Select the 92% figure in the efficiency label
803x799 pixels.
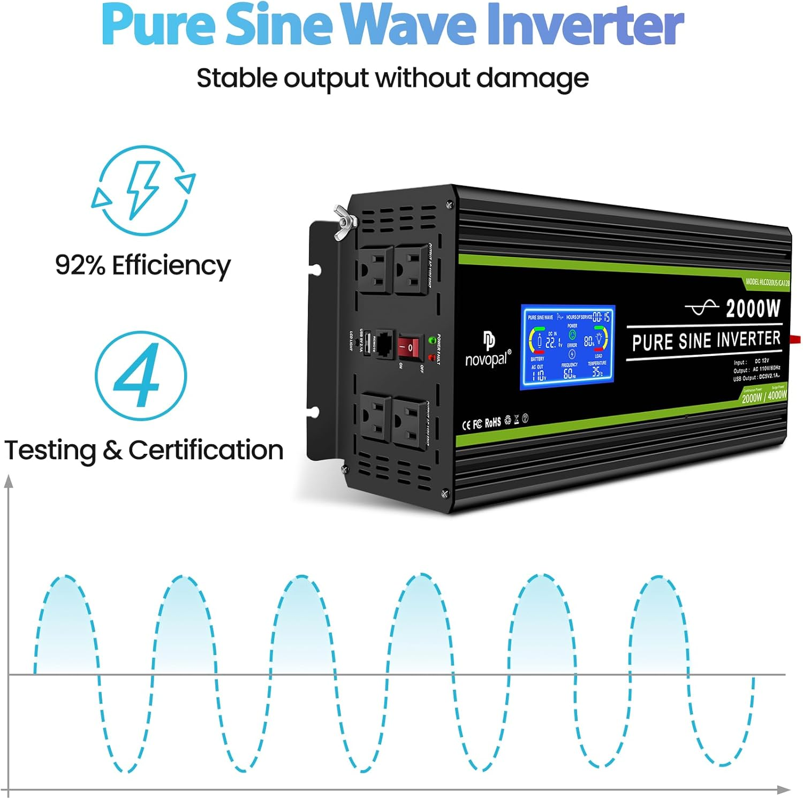pos(80,265)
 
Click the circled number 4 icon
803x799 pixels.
pos(141,376)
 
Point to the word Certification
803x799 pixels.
pos(206,450)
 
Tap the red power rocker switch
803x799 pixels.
pos(408,348)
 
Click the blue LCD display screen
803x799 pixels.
pos(568,347)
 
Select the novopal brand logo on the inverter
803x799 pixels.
pos(488,351)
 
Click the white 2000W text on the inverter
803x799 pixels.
pos(753,309)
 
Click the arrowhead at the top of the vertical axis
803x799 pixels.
pos(9,481)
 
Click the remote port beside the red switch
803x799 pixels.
pos(384,344)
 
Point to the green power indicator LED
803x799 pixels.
pos(431,339)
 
